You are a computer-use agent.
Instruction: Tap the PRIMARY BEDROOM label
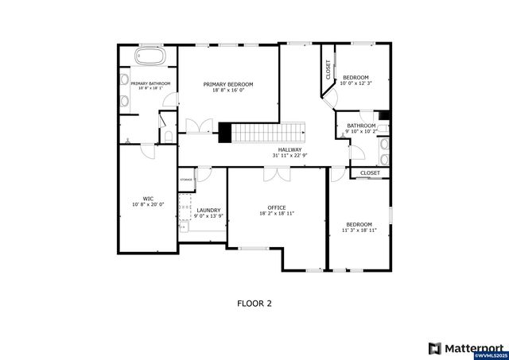point(227,84)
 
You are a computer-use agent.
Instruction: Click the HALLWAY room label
point(289,149)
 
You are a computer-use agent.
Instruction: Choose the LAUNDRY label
point(208,210)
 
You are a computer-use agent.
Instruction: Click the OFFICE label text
point(276,207)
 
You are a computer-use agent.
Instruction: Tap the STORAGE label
point(186,180)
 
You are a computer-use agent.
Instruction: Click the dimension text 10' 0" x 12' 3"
point(355,83)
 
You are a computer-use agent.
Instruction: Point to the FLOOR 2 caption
point(254,303)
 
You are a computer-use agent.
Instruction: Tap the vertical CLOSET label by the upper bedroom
point(328,70)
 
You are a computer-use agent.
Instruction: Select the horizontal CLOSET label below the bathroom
point(370,172)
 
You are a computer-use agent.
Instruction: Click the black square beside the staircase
point(224,133)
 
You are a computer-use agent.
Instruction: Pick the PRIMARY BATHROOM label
point(149,83)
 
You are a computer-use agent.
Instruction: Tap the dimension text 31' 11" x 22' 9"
point(289,156)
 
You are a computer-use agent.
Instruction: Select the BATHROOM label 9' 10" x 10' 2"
point(361,126)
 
